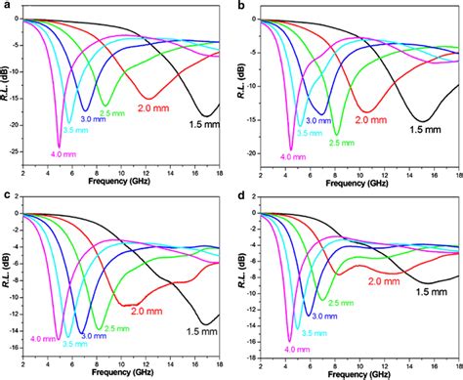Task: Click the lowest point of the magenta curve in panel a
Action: [x=60, y=145]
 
